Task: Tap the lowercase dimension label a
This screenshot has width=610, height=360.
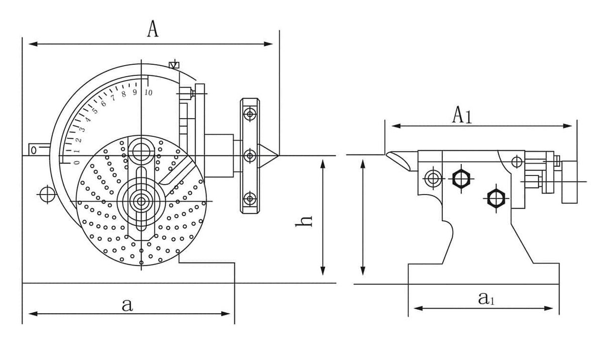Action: [x=128, y=304]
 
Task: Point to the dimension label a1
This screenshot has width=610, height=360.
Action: [x=486, y=299]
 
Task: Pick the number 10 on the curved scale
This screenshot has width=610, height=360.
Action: [x=148, y=93]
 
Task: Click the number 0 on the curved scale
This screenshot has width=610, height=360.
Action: [x=76, y=162]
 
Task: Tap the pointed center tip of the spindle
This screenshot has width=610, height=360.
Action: [x=270, y=155]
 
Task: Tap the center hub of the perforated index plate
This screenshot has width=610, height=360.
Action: [x=140, y=202]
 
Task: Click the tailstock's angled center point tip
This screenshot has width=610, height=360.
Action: [x=397, y=159]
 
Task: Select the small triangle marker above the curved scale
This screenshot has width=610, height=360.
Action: [x=174, y=64]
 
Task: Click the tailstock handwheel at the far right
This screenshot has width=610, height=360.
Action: [x=569, y=182]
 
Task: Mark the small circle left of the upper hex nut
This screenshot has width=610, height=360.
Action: [x=432, y=177]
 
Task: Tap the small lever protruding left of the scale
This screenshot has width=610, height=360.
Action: [x=38, y=150]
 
